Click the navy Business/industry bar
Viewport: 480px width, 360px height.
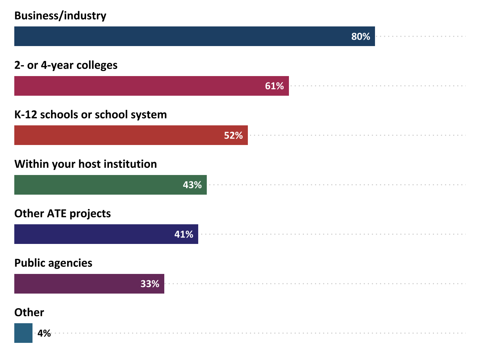179,36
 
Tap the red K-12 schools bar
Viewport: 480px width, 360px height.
118,135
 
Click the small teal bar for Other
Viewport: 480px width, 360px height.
23,333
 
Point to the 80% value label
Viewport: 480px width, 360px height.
361,36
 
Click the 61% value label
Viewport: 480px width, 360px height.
274,86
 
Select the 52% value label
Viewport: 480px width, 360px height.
233,135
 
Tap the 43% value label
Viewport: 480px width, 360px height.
192,185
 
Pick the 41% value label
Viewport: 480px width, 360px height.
184,234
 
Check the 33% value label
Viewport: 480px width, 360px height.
150,284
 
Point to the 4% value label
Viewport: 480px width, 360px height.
44,333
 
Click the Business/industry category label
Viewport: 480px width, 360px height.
60,16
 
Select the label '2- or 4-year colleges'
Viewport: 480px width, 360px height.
66,65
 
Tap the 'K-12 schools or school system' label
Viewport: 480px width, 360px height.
90,114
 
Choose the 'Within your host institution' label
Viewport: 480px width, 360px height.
85,164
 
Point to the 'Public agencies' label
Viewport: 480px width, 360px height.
53,263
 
